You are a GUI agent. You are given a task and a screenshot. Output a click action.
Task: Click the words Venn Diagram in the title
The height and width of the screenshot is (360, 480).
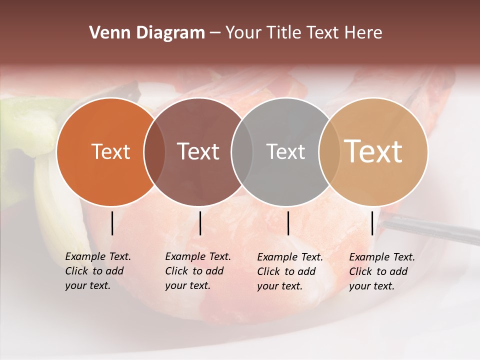[147, 33]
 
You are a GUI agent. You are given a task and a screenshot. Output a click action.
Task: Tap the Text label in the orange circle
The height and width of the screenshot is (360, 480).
[110, 151]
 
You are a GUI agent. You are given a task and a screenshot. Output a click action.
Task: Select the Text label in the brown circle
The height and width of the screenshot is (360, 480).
[198, 151]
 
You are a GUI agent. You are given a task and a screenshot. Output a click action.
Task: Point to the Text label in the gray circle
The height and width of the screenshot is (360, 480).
[285, 151]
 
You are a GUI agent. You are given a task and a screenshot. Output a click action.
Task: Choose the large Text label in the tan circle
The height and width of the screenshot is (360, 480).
[373, 151]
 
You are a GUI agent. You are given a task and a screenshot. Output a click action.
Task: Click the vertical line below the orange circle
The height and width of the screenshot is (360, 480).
[112, 223]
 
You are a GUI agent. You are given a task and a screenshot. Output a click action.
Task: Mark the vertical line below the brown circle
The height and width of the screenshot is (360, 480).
[200, 223]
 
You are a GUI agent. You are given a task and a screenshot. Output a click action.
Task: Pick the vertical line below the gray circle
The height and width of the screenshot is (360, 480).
[288, 223]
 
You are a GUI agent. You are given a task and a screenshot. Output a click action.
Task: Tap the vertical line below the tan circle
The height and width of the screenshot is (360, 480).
[372, 223]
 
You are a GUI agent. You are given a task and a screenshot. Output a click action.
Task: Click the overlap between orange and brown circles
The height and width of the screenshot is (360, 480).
[154, 151]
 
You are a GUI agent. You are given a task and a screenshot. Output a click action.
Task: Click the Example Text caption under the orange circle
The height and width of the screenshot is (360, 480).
[97, 271]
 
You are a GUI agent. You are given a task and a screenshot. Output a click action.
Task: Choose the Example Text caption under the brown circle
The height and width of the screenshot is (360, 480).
[197, 271]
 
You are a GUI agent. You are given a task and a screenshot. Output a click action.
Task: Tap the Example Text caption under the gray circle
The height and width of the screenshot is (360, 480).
[289, 271]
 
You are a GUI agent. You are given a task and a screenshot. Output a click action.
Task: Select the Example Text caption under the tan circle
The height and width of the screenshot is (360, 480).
[381, 271]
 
